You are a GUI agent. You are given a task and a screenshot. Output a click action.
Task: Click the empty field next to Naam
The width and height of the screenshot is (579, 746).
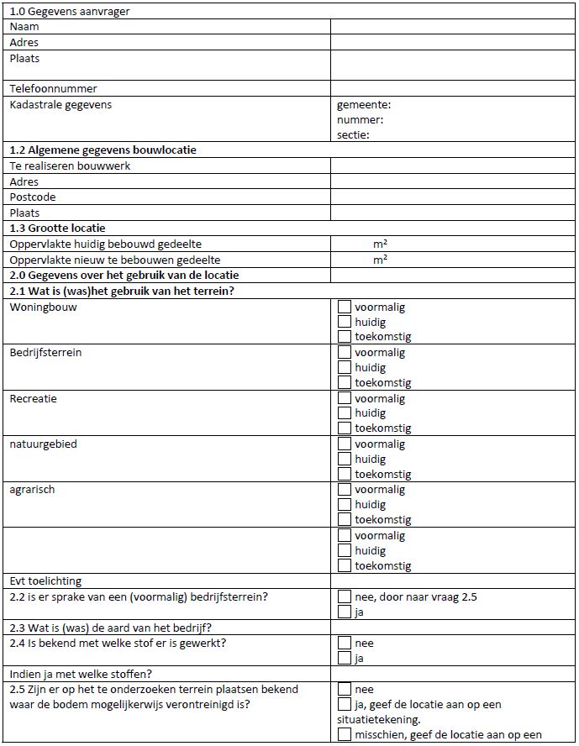(454, 27)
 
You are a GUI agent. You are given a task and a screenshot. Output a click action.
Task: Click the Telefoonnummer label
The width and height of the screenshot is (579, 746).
(53, 88)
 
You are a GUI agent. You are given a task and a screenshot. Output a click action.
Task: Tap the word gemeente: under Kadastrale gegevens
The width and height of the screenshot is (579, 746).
(364, 105)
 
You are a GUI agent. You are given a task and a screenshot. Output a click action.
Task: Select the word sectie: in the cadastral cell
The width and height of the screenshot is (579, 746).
(353, 134)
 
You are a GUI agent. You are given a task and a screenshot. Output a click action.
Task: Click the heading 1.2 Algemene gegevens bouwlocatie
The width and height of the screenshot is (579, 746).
(103, 150)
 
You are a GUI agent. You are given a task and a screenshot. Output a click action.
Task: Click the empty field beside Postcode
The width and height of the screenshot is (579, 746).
(454, 197)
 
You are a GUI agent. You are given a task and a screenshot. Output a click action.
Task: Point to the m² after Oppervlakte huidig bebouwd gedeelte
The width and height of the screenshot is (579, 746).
(380, 244)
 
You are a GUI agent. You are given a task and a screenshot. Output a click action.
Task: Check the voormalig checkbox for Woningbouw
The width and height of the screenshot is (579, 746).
(345, 307)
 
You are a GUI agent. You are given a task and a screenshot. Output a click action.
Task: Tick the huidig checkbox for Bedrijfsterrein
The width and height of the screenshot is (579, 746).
(345, 367)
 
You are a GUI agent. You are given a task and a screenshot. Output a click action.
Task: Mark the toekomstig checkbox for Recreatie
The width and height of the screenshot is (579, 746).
(345, 428)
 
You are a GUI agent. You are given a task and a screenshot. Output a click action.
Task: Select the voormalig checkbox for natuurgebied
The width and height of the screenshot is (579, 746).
(345, 444)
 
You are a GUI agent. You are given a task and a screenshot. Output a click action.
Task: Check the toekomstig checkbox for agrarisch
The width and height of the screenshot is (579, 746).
(345, 520)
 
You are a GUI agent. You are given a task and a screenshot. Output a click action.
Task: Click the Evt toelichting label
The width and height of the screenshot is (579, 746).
(45, 581)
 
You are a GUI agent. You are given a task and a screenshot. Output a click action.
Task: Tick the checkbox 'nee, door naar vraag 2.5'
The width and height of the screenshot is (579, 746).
(345, 596)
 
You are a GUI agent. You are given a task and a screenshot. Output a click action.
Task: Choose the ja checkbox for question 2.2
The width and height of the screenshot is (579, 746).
(345, 612)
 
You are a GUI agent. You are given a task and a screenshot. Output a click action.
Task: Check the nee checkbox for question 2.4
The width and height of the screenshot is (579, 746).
(345, 643)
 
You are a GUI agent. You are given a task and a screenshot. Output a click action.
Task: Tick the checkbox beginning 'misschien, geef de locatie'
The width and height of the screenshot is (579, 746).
(345, 735)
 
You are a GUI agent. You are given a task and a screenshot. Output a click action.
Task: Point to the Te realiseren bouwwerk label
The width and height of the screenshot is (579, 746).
(70, 165)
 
